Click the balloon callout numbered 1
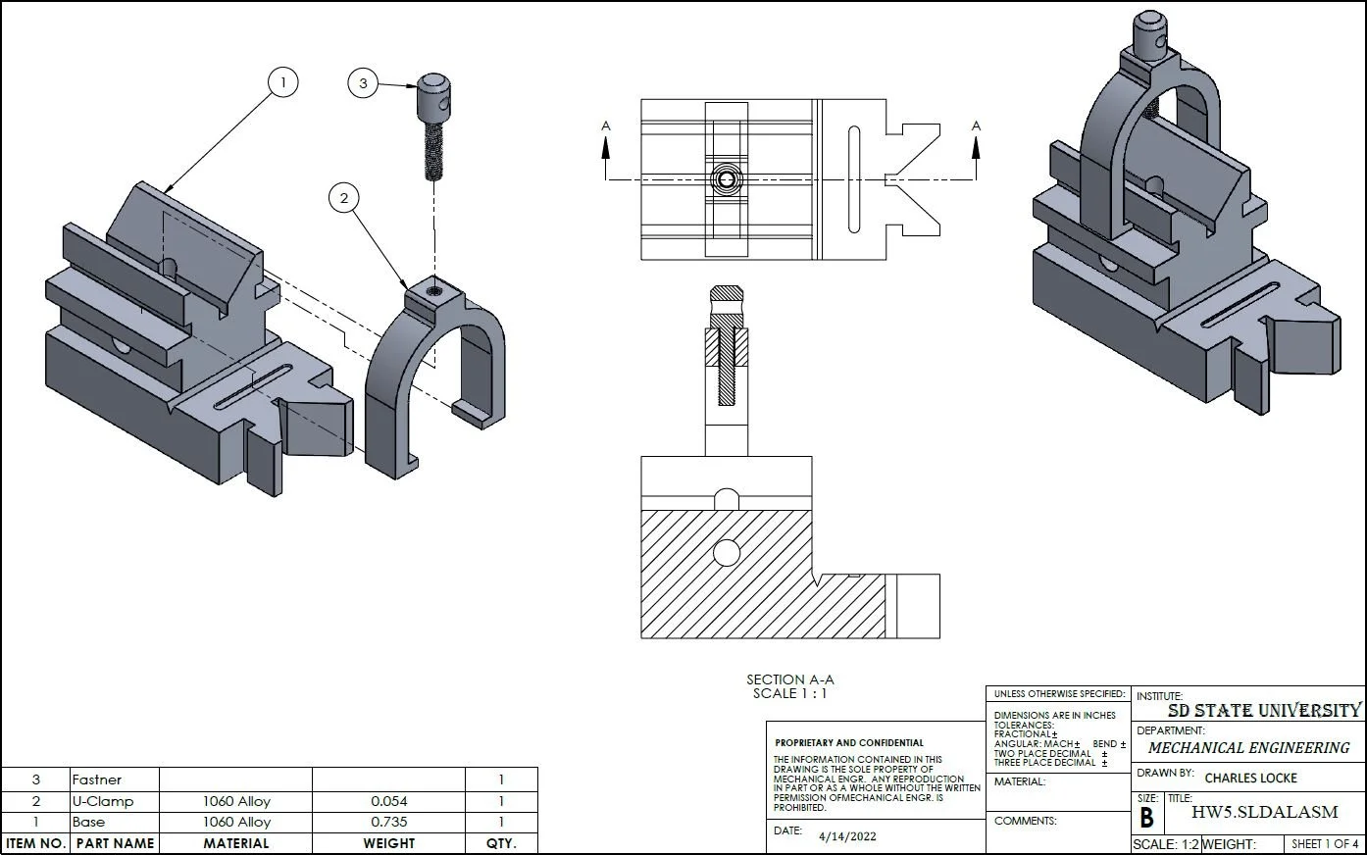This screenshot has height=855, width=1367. click(282, 82)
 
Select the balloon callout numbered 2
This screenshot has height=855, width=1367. click(343, 199)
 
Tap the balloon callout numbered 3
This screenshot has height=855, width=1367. click(363, 83)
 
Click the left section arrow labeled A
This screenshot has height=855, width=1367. click(606, 145)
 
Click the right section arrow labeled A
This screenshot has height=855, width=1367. click(976, 145)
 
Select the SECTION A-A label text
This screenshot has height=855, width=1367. click(789, 679)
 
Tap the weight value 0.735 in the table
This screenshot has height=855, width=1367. click(389, 822)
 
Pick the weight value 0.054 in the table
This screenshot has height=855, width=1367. click(389, 801)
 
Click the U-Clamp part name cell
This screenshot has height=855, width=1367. click(103, 801)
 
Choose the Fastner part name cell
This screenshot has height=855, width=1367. click(97, 780)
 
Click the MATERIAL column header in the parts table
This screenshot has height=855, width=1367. click(235, 843)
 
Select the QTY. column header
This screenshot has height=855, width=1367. click(500, 843)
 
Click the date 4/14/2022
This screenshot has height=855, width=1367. click(847, 836)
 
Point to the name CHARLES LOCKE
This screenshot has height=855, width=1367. click(1250, 778)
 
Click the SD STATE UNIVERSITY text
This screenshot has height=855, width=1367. click(1264, 710)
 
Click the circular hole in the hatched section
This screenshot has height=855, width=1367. click(726, 553)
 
